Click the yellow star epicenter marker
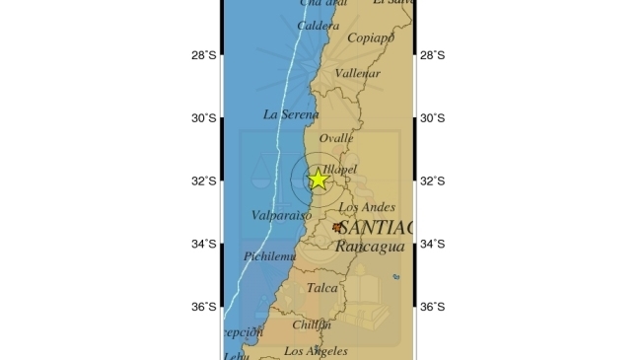[x=318, y=180]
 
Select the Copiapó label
[x=371, y=38]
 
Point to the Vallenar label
[x=358, y=74]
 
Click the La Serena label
[x=291, y=114]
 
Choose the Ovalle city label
[x=336, y=139]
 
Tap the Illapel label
[x=338, y=170]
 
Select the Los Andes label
[x=367, y=208]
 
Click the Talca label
[x=321, y=288]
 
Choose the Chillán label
[x=312, y=324]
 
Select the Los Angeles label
[x=316, y=351]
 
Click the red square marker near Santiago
[x=337, y=227]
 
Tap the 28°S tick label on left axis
[x=204, y=55]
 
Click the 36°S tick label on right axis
[x=433, y=307]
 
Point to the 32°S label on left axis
[x=204, y=181]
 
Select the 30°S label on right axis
[x=433, y=118]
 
